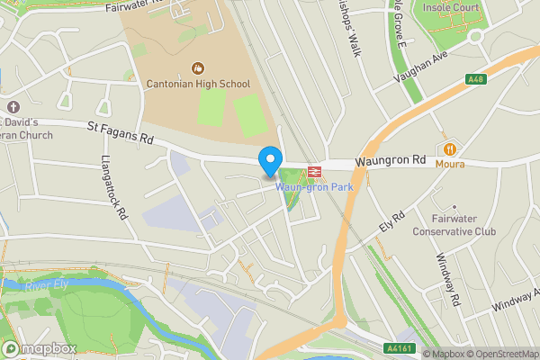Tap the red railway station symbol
(315, 171)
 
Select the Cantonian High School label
(198, 84)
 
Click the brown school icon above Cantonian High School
(198, 68)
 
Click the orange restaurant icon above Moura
(448, 148)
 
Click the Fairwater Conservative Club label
(454, 225)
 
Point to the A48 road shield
(476, 80)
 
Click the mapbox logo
(39, 349)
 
